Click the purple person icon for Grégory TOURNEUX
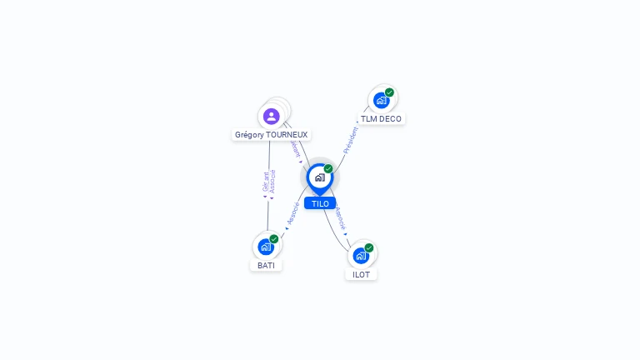271,117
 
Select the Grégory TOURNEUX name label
271,134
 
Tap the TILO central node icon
319,177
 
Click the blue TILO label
320,203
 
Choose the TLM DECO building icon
381,101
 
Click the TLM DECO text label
381,119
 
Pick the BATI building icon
266,247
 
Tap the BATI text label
266,265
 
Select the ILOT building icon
361,255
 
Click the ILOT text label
361,274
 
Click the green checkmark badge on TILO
328,169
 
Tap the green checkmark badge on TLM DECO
389,92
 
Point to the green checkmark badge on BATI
274,239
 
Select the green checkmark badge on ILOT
369,247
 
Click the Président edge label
350,140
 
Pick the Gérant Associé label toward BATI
268,182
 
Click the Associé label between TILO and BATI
292,213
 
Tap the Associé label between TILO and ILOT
340,218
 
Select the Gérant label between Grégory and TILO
294,150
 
